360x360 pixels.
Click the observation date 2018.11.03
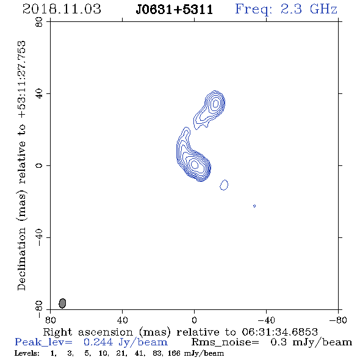(62, 9)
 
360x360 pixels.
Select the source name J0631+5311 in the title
(175, 10)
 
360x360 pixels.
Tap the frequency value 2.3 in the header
(291, 9)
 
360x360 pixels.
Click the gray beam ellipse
(62, 303)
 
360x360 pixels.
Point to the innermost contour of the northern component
(215, 104)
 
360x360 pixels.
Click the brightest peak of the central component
(195, 164)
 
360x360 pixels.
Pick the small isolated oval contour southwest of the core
(224, 185)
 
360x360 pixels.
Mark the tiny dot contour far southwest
(254, 206)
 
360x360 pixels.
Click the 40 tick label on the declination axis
(39, 94)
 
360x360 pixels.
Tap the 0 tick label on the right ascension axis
(194, 320)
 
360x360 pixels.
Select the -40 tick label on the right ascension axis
(266, 320)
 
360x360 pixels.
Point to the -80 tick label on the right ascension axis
(338, 320)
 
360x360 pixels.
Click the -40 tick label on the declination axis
(39, 237)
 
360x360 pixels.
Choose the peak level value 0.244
(98, 342)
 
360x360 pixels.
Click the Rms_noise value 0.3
(279, 342)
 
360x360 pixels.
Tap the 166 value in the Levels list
(174, 353)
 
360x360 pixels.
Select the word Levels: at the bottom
(27, 353)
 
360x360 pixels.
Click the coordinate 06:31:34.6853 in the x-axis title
(279, 332)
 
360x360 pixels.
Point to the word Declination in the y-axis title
(21, 259)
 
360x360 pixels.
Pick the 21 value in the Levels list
(120, 353)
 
